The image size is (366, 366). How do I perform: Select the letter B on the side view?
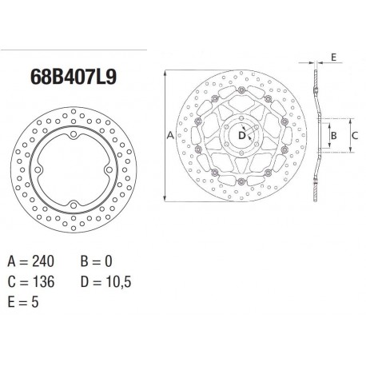point(336,137)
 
